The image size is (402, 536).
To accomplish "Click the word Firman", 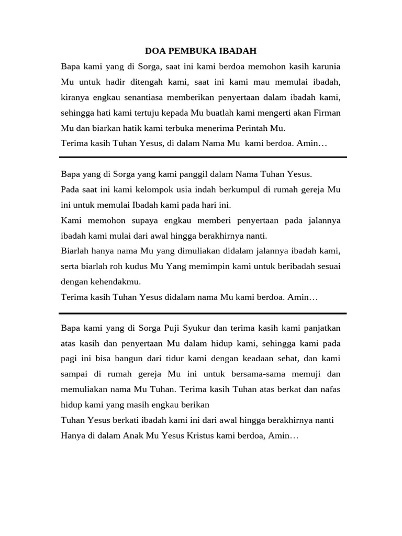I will [x=327, y=113].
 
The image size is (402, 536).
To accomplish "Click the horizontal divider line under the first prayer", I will [x=203, y=157].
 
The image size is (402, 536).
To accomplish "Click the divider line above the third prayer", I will [x=203, y=313].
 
